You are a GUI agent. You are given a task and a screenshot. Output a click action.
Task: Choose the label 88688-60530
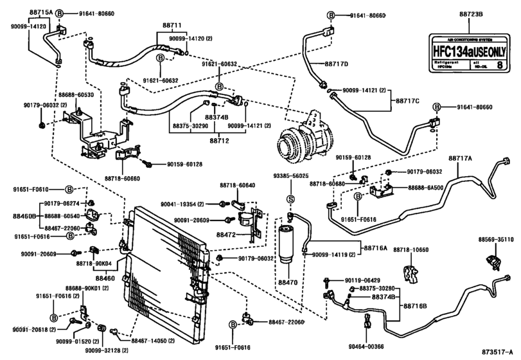[x=74, y=94]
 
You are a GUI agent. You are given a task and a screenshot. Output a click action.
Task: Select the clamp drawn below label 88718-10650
[x=409, y=272]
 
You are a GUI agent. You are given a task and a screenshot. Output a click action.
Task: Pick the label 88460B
[x=24, y=216]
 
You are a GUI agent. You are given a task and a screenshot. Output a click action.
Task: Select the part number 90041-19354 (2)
[x=190, y=203]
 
